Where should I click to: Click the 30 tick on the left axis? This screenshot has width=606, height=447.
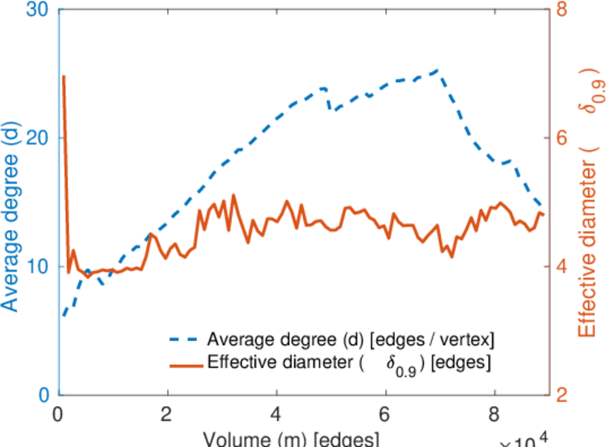coord(39,11)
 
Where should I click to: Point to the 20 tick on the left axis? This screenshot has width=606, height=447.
coord(39,139)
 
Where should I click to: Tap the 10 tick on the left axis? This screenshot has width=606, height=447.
coord(39,267)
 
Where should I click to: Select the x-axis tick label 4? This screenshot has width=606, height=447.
coord(277,412)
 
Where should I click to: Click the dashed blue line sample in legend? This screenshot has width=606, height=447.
coord(184,340)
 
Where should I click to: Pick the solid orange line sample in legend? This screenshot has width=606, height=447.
coord(184,364)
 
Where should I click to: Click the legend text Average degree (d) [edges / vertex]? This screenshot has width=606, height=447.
coord(351,340)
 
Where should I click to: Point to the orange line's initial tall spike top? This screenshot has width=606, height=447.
coord(63,76)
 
